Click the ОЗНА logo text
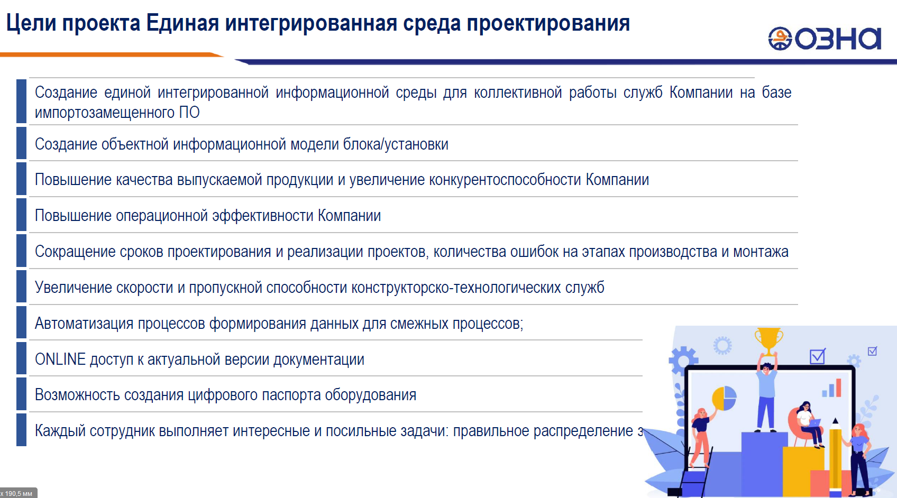(x=838, y=39)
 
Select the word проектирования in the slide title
(x=548, y=23)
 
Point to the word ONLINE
(x=60, y=359)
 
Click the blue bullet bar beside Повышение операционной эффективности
(x=21, y=215)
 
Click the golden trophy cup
(x=768, y=341)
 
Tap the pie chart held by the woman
(x=724, y=398)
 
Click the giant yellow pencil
(x=835, y=456)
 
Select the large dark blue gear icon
(x=683, y=359)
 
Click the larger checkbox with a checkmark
(x=817, y=356)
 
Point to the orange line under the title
(x=111, y=54)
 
